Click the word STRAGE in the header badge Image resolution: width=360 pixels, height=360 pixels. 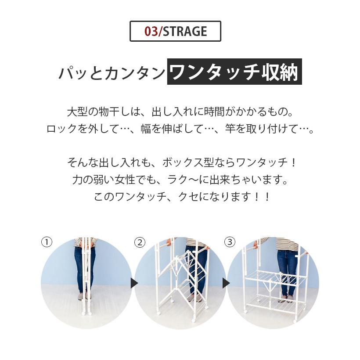pyautogui.click(x=184, y=32)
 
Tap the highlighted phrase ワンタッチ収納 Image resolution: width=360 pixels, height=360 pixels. pyautogui.click(x=234, y=72)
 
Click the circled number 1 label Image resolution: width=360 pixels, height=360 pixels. pyautogui.click(x=47, y=242)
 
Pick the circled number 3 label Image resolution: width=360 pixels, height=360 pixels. pyautogui.click(x=230, y=242)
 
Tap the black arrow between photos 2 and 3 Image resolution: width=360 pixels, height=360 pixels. pyautogui.click(x=225, y=283)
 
